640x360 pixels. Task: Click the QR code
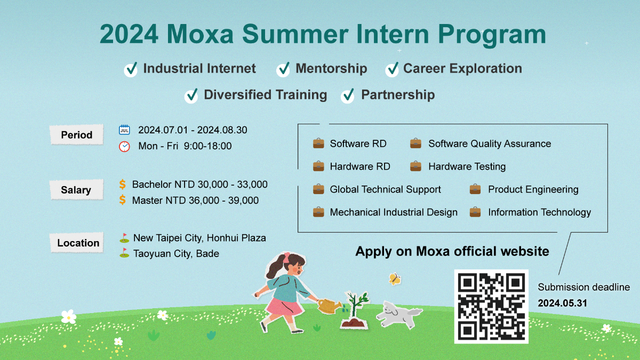coord(491,306)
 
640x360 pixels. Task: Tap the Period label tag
coord(77,134)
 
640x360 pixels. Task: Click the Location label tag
coord(77,243)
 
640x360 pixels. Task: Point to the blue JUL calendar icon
coord(124,130)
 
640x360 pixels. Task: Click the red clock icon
coord(124,146)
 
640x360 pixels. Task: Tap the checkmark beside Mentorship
coord(283,69)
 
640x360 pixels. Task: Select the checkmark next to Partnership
coord(348,95)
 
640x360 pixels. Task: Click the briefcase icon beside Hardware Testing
coord(415,166)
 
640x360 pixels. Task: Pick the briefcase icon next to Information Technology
coord(475,212)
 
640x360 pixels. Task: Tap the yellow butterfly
coord(395,279)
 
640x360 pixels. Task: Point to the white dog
coord(399,314)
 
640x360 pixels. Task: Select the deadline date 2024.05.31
coord(562,303)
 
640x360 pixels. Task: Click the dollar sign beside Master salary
coord(122,199)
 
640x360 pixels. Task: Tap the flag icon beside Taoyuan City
coord(124,253)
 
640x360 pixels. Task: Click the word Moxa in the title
coord(200,34)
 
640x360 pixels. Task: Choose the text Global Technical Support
coord(385,189)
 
